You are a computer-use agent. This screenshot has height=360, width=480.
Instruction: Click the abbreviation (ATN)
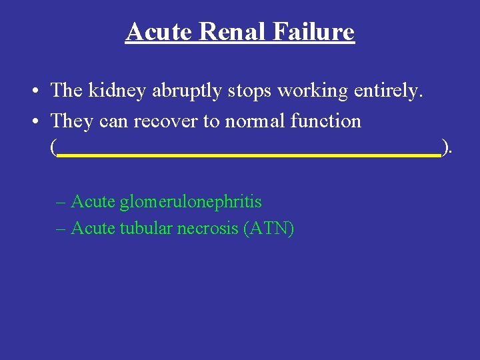click(269, 228)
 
